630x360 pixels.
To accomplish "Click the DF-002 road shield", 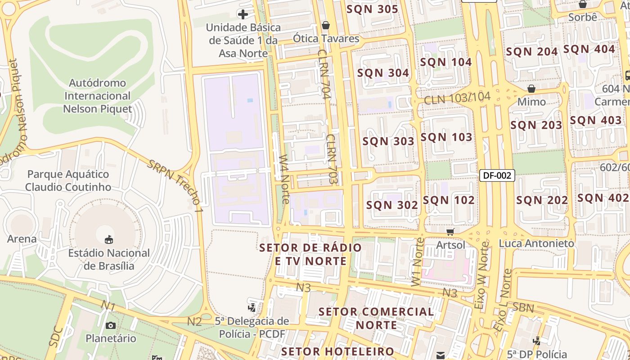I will tap(497, 175).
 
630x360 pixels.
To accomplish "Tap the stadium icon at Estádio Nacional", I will tap(108, 239).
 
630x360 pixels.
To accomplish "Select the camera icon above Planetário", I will tap(111, 325).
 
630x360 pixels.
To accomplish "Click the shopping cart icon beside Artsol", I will tap(450, 232).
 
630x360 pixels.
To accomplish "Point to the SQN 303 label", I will tap(388, 141).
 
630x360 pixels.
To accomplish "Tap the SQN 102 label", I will tap(449, 200).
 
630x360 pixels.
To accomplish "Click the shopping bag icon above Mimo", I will tap(531, 88).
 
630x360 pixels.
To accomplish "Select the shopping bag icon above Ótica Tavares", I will tap(326, 25).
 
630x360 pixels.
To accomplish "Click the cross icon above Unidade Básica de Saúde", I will tap(243, 14).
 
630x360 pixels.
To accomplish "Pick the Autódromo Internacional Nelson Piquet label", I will tap(97, 96).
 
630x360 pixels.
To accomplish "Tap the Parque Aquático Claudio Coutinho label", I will tap(68, 180).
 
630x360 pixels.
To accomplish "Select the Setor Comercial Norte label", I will tap(376, 318).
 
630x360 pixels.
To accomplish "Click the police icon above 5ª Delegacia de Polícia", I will tap(252, 308).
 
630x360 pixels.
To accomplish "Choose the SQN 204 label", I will tap(532, 52).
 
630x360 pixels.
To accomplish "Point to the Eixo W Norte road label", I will tap(481, 274).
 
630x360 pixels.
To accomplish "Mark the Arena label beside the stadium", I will tap(22, 239).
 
